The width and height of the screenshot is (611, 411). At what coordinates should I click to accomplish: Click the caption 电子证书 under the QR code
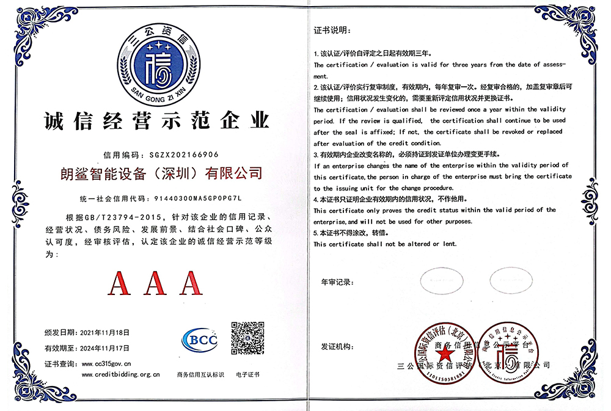click(247, 374)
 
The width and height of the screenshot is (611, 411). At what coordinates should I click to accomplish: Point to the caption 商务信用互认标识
click(200, 374)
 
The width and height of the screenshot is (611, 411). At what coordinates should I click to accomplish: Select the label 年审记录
click(337, 282)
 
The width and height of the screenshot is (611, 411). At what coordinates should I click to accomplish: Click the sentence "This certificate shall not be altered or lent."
click(385, 244)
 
